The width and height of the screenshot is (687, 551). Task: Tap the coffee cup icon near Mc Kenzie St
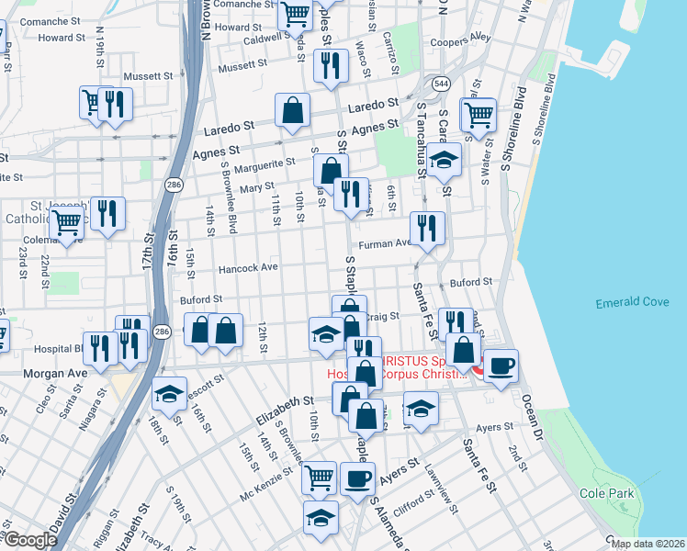coord(357,478)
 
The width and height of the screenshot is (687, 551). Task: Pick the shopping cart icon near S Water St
coord(479,115)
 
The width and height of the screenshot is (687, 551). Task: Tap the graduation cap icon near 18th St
coord(169,394)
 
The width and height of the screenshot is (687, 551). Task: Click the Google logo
coord(29,540)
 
